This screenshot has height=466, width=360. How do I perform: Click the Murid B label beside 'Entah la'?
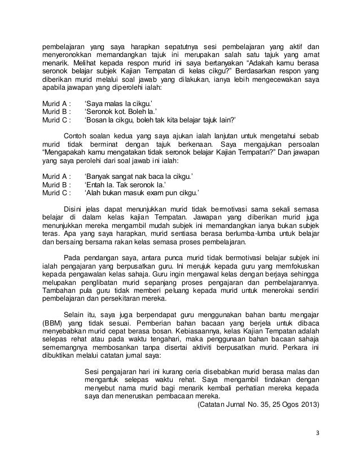click(x=57, y=183)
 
